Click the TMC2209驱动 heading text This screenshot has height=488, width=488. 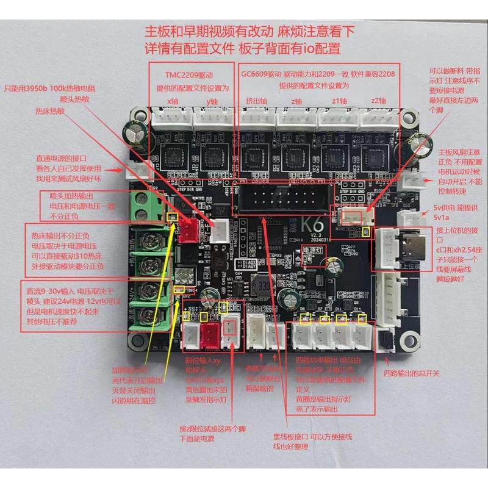pos(189,74)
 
